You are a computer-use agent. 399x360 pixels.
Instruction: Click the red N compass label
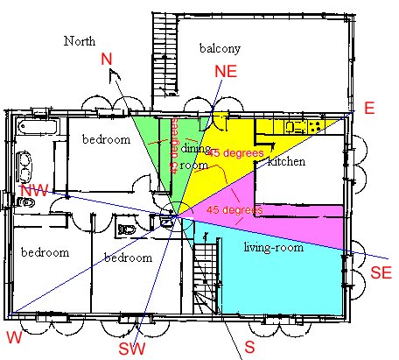coord(107,59)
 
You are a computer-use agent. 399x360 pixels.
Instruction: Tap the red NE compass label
coord(226,71)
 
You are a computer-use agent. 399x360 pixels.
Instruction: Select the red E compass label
coord(369,108)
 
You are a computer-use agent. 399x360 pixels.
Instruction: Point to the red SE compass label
coord(381,273)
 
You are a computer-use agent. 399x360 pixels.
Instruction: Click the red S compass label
coord(249,347)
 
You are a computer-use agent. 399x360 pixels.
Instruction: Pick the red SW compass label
coord(132,349)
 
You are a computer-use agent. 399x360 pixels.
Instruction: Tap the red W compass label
coord(14,337)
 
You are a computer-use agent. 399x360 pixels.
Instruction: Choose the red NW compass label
coord(34,191)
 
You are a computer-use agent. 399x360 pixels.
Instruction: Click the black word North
coord(80,41)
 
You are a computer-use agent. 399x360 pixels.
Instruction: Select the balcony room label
coord(220,48)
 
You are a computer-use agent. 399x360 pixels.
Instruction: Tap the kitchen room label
coord(286,161)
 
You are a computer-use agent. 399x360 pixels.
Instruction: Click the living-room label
coord(274,248)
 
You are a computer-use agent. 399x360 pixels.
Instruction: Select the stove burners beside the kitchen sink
coord(315,127)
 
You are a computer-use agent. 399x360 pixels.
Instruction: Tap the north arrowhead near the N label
coord(115,74)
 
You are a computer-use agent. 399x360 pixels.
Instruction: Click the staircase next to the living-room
coord(206,279)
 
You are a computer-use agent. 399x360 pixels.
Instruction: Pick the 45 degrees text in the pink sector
coord(234,209)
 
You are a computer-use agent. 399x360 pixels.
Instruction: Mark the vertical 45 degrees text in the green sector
coord(174,145)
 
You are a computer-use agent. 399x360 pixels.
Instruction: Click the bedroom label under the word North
coord(107,139)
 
